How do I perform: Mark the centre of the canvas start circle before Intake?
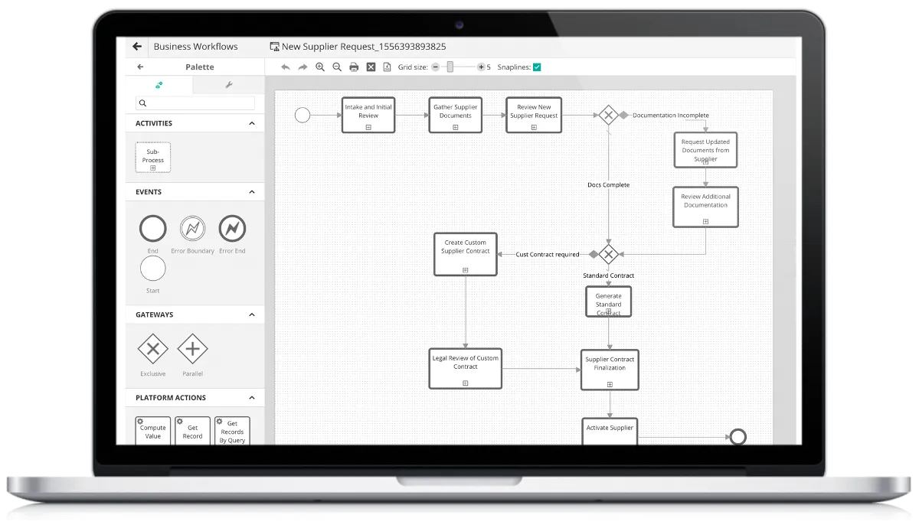click(x=303, y=116)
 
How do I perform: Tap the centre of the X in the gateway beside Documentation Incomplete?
click(x=608, y=116)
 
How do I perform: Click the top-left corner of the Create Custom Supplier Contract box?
click(x=434, y=233)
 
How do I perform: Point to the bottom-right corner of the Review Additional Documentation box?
click(x=738, y=227)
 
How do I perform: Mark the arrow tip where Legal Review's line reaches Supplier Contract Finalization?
click(x=581, y=370)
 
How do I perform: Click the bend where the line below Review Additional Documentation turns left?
click(x=705, y=254)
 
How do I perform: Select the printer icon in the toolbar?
click(x=354, y=67)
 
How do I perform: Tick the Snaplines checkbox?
click(x=537, y=67)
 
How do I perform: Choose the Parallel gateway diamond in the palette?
click(x=192, y=349)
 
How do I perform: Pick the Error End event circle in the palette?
click(x=232, y=228)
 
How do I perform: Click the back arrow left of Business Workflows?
click(x=137, y=47)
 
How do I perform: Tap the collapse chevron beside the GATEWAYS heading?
click(x=252, y=315)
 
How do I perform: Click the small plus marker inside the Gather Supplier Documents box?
click(x=456, y=128)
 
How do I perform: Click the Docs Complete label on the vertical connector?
click(x=608, y=185)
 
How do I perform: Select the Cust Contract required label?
click(x=548, y=255)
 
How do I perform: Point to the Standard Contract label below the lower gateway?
click(x=608, y=275)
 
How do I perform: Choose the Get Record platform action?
click(x=192, y=431)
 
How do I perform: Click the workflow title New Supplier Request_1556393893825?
click(x=364, y=47)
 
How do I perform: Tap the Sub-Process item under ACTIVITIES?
click(x=153, y=158)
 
